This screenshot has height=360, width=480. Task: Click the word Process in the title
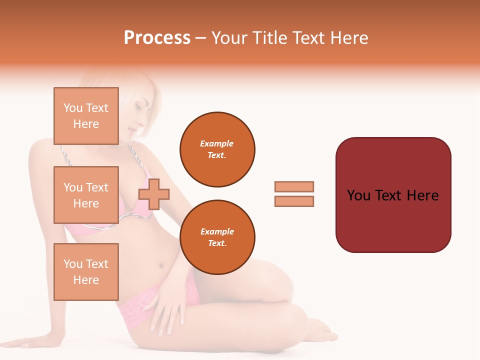(x=157, y=38)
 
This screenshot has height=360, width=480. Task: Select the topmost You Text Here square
(x=86, y=116)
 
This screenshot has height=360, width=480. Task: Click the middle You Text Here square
(x=86, y=195)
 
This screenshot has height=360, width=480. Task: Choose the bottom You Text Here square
(x=86, y=271)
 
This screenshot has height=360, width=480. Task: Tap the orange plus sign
(x=154, y=194)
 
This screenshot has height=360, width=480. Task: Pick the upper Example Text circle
(x=217, y=149)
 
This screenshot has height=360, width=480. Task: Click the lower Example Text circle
(x=217, y=237)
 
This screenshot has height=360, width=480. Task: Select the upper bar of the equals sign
(x=294, y=186)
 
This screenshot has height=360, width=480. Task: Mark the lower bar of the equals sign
(x=294, y=201)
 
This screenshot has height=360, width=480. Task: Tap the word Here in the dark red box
(x=422, y=195)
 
